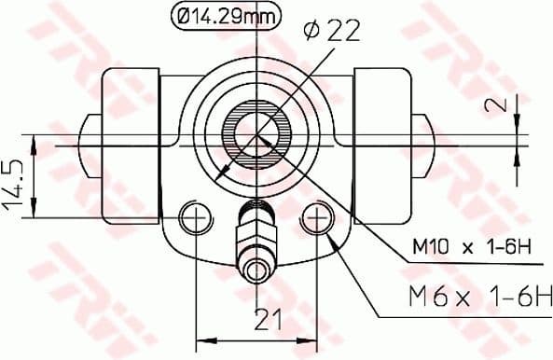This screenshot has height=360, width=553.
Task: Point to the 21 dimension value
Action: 269,320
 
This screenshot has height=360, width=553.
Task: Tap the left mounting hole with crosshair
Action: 195,218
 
